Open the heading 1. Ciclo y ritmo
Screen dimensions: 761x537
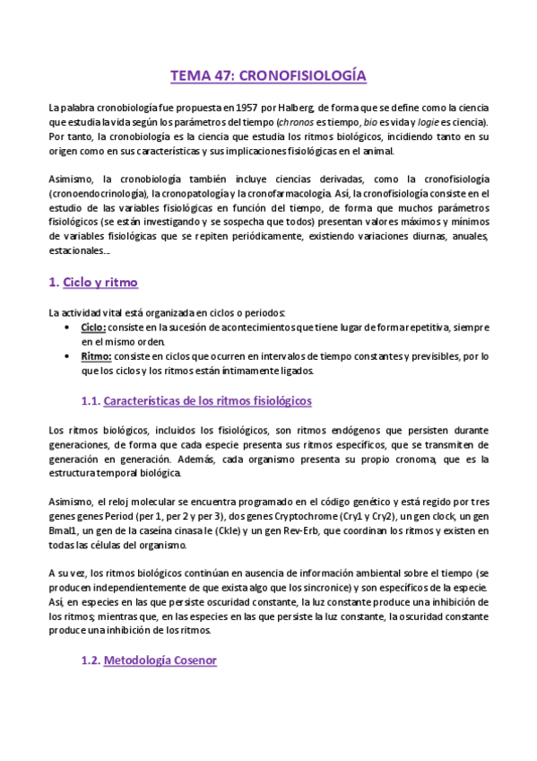(x=93, y=283)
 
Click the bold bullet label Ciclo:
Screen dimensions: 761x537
(x=93, y=328)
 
